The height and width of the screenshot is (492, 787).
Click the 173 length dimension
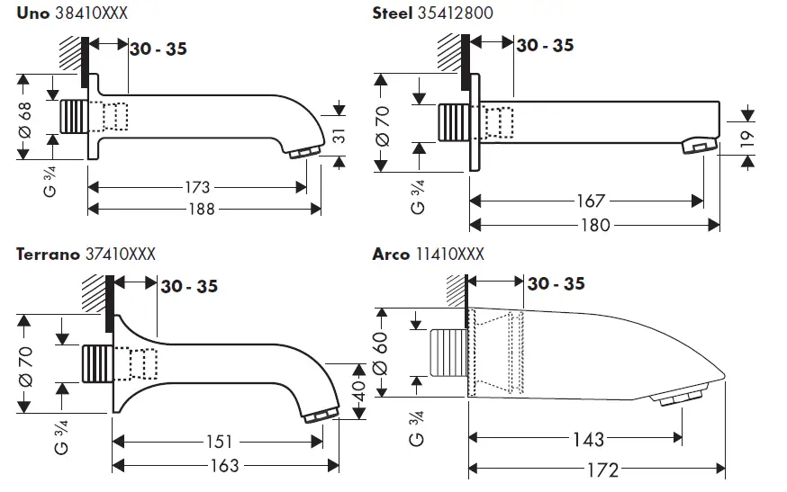pyautogui.click(x=195, y=187)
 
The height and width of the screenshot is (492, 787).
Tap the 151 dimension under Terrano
pyautogui.click(x=219, y=443)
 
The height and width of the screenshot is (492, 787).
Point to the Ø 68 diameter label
pyautogui.click(x=24, y=118)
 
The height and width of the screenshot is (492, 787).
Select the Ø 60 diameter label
pyautogui.click(x=379, y=353)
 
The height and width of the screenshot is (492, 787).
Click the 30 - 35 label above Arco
pyautogui.click(x=556, y=284)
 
